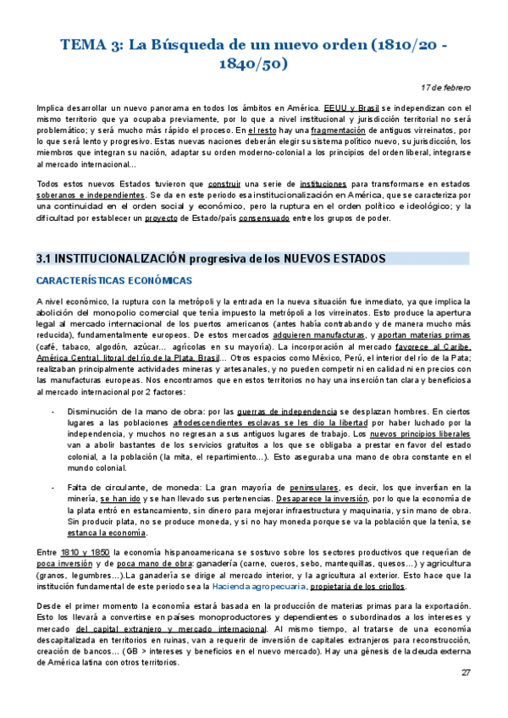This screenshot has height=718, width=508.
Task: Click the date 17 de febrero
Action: (447, 87)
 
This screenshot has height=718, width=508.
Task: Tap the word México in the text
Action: (314, 347)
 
